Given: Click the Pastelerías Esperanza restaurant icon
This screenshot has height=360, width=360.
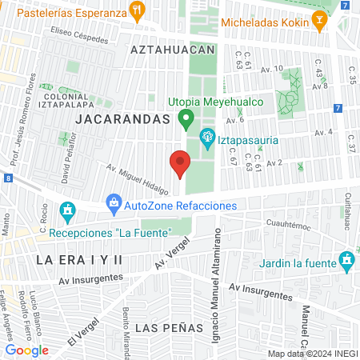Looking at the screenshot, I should (139, 11).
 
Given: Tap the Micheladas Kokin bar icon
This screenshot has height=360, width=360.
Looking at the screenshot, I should (320, 23).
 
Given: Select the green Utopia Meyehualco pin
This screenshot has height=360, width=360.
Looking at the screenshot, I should (186, 120).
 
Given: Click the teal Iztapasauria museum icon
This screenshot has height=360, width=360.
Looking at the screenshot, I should (207, 138).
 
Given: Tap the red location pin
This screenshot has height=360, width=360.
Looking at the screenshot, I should (180, 165).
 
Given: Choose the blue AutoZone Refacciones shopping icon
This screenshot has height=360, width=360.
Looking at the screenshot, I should (114, 204).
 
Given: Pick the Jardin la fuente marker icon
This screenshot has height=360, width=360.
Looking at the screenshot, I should (346, 260).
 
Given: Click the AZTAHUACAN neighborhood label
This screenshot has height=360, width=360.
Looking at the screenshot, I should (174, 50).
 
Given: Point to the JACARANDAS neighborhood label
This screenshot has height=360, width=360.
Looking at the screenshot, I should (123, 118).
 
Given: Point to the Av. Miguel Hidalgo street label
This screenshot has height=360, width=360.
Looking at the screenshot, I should (138, 180).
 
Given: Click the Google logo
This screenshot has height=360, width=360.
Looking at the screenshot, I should (26, 350).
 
